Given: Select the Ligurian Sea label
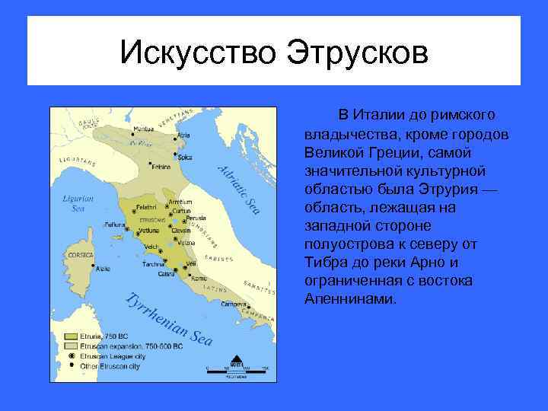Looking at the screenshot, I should coord(78,202).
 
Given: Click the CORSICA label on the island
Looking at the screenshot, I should coord(80,254).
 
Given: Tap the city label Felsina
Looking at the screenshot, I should coord(161,166).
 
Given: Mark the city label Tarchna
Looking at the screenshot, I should coord(153,264).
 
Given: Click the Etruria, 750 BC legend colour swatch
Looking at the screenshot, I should coord(71,336).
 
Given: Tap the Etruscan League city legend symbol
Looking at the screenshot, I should coord(71,355).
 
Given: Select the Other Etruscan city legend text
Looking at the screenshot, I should coord(111,365).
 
